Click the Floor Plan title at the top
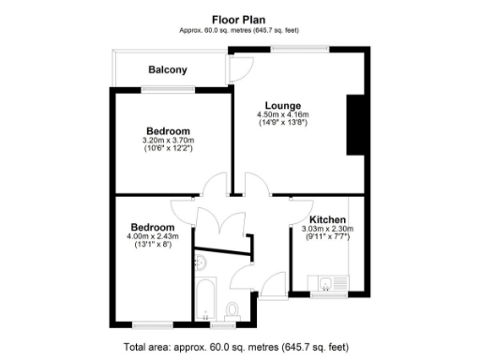[x=240, y=16]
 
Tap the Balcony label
[x=168, y=69]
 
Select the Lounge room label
[x=282, y=105]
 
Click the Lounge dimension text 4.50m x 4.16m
[x=282, y=114]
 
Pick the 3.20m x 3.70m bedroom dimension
[x=169, y=141]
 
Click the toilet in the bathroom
[x=234, y=309]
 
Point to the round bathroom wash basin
[x=202, y=262]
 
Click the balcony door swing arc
[x=239, y=67]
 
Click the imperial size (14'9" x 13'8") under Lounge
[x=282, y=123]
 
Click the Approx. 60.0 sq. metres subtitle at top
[x=240, y=30]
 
